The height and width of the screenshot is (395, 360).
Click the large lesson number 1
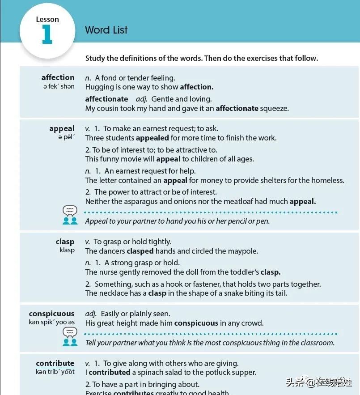point(47,34)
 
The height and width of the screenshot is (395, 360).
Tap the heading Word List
point(106,30)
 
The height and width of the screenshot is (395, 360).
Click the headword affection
point(58,77)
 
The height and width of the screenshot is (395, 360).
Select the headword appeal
point(62,128)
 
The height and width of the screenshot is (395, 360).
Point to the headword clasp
point(65,242)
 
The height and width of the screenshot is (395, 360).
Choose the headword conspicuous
point(51,314)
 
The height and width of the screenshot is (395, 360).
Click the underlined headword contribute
point(55,363)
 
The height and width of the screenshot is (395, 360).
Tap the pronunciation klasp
point(67,250)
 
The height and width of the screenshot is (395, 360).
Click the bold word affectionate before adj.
point(106,99)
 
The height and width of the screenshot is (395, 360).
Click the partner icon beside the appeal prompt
point(70,215)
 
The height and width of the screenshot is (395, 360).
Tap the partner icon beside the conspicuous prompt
point(70,336)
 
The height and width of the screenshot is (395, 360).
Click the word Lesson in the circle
point(47,19)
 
